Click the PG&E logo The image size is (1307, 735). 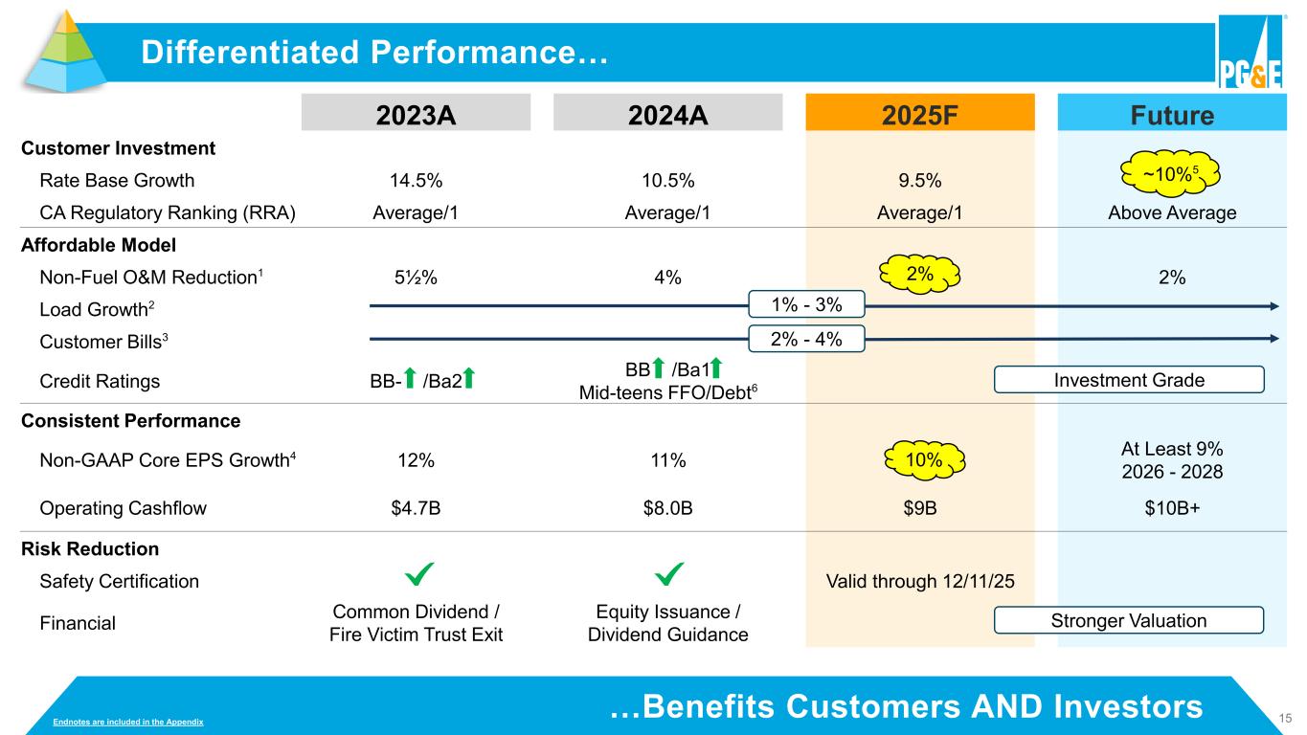pyautogui.click(x=1249, y=53)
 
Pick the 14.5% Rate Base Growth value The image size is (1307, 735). pyautogui.click(x=416, y=181)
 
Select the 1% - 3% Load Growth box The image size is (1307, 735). pyautogui.click(x=806, y=305)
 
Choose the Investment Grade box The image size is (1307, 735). pyautogui.click(x=1130, y=380)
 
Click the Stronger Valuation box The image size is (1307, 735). pyautogui.click(x=1130, y=621)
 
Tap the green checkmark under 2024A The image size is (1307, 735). pyautogui.click(x=668, y=575)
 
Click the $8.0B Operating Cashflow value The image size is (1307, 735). pyautogui.click(x=668, y=508)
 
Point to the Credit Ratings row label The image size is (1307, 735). pyautogui.click(x=100, y=381)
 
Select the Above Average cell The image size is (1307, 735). pyautogui.click(x=1172, y=213)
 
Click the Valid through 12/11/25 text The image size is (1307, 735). pyautogui.click(x=919, y=581)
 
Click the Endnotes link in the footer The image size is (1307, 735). pyautogui.click(x=128, y=720)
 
